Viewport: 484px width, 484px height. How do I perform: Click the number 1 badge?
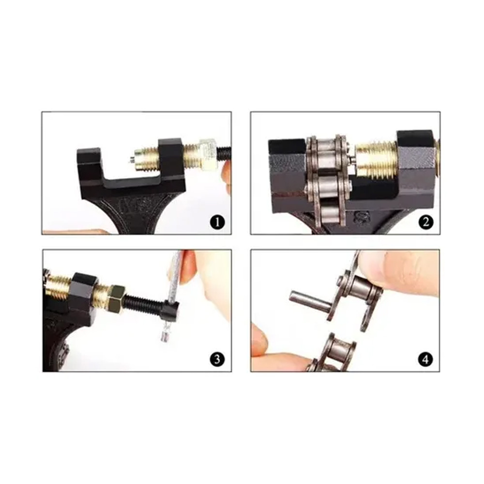[x=217, y=222]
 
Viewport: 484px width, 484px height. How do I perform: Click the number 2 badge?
[x=426, y=222]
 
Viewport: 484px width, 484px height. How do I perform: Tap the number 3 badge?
[x=217, y=359]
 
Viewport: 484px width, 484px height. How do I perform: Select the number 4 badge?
[x=426, y=359]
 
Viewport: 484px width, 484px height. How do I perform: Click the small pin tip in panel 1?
[x=132, y=160]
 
